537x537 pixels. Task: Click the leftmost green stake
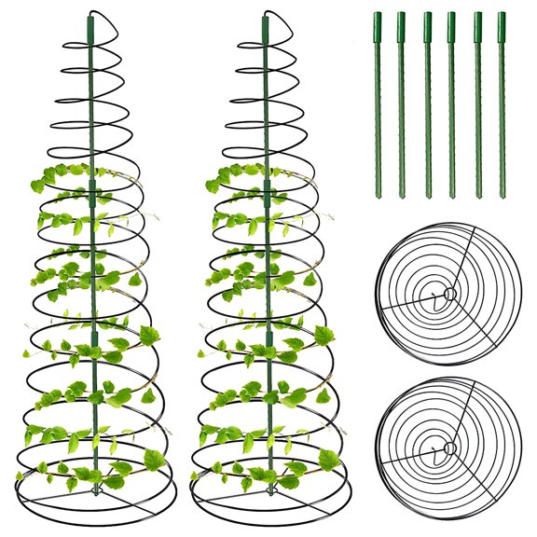[378, 103]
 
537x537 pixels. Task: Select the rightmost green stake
[502, 103]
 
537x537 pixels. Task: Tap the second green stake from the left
[402, 103]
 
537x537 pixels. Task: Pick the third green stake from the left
[427, 103]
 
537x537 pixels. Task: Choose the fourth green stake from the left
[451, 103]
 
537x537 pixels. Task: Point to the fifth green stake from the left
[476, 103]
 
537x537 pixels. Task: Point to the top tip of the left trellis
[90, 13]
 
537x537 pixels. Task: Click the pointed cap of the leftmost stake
[378, 15]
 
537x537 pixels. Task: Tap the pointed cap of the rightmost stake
[502, 15]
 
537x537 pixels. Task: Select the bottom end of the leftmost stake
[378, 195]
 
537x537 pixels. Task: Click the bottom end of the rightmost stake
[502, 195]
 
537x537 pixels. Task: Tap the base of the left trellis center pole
[93, 480]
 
